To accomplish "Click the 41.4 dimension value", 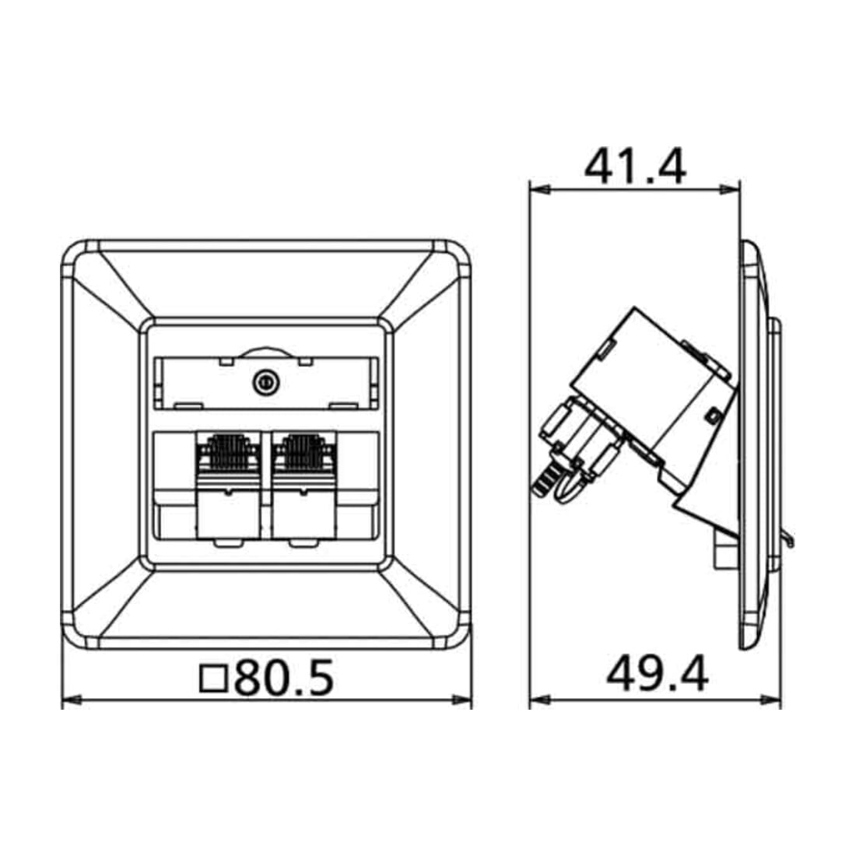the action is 635,166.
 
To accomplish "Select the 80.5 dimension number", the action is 284,678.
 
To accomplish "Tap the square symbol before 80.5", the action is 213,679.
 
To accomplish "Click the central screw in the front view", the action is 266,383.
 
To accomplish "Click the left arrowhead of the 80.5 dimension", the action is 72,700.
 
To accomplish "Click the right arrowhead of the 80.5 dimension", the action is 461,700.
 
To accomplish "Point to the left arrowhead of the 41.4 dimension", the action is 539,189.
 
